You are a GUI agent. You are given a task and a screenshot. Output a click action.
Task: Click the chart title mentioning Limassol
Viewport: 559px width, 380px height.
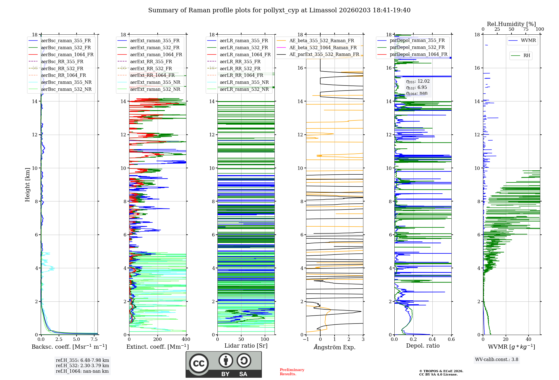click(279, 10)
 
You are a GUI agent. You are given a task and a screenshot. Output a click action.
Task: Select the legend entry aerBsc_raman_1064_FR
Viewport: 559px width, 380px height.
click(67, 54)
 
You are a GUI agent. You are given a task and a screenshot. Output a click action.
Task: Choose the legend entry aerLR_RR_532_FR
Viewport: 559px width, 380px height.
click(240, 68)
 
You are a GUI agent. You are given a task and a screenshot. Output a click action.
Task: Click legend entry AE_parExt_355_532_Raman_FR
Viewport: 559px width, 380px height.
click(324, 54)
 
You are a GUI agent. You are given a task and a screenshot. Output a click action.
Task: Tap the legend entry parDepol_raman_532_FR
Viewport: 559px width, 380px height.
click(417, 47)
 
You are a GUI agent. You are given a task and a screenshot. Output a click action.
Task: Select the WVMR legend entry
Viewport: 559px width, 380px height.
click(528, 41)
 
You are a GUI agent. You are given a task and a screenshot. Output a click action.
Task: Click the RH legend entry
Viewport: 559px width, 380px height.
click(527, 56)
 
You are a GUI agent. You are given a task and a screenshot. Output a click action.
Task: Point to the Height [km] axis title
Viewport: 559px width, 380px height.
click(27, 184)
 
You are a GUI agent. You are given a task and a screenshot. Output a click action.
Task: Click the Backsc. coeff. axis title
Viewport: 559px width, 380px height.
click(69, 347)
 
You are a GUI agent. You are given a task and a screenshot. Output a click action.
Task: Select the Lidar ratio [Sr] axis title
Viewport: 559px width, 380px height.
click(246, 346)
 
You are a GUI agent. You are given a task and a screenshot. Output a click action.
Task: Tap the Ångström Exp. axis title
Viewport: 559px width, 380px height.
click(335, 347)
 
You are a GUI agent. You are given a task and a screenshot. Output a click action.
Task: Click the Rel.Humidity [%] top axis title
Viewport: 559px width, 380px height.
click(511, 24)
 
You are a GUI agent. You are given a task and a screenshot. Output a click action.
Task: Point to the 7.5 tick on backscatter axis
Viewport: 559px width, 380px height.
click(94, 339)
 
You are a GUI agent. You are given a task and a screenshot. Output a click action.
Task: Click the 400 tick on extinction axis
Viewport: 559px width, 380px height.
click(186, 339)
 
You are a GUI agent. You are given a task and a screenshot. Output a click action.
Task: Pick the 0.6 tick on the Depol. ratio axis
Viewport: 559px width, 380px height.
click(451, 339)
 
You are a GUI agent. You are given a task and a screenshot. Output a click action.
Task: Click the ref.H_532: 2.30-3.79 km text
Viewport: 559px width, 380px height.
click(82, 365)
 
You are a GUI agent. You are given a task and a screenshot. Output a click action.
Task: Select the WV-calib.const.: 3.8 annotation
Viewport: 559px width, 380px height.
click(497, 360)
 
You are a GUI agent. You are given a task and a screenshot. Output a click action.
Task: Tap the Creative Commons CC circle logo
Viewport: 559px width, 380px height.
click(199, 363)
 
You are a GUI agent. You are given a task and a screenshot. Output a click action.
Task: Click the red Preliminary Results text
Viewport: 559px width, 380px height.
click(292, 372)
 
